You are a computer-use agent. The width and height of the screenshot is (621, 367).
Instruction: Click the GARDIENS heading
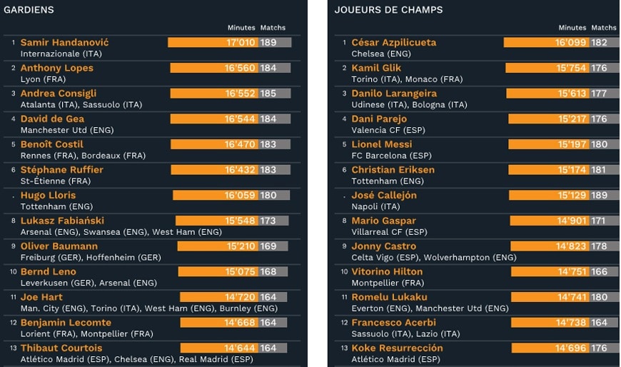coord(29,10)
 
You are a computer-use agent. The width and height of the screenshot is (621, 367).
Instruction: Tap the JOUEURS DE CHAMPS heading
coord(388,10)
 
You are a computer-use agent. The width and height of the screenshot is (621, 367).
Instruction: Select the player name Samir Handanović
coord(64,42)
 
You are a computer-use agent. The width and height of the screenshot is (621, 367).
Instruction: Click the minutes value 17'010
coord(241,42)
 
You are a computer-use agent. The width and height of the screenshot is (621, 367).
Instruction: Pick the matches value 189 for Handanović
coord(268,42)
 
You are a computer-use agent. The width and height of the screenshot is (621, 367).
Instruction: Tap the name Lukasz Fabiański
coord(62,221)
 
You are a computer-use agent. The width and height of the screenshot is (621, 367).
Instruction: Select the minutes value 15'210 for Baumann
coord(241,246)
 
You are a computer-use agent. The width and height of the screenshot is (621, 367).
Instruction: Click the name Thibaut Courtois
coord(61,348)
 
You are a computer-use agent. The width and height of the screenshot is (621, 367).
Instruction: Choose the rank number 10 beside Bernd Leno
coord(13,272)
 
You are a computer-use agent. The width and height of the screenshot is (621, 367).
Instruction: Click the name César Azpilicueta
coord(393,42)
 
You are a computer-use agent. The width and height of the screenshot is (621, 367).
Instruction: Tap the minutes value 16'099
coord(571,42)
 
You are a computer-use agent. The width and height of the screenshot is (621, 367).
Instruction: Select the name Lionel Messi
coord(382,144)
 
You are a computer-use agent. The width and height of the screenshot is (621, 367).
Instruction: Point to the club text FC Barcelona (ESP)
coord(391,156)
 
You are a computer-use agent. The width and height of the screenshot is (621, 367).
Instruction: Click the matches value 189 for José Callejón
coord(599,196)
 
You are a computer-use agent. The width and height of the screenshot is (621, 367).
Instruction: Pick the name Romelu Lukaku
coord(389,297)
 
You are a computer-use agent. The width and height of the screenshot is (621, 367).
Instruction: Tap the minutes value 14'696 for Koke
coord(571,348)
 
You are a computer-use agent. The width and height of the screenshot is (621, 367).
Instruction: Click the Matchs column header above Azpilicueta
coord(604,28)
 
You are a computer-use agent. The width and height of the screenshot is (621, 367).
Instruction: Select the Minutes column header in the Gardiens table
coord(241,28)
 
